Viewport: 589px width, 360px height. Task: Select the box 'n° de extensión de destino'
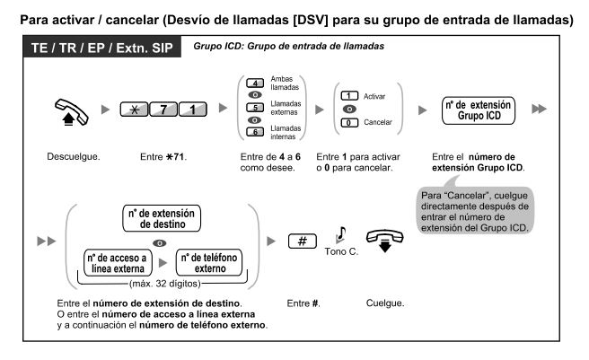(x=163, y=218)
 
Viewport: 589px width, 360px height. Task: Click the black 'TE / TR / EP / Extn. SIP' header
(x=94, y=48)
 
